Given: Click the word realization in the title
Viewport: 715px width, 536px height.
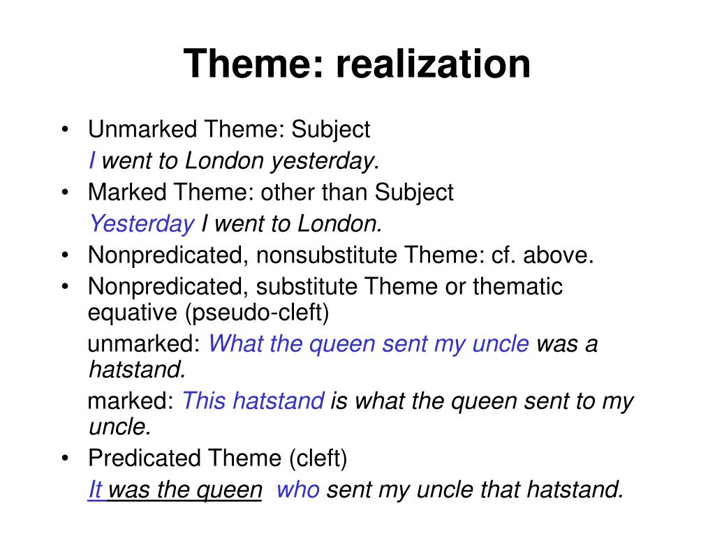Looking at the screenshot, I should coord(433,64).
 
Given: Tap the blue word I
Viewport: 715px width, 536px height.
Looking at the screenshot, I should coord(92,161).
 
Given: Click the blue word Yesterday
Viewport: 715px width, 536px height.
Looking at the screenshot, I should coord(142,224).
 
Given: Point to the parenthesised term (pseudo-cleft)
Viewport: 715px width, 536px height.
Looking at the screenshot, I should coord(257,313).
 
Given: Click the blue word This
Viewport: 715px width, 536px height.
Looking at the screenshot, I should coord(204,401).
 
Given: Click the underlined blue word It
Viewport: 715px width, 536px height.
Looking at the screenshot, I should coord(96,490).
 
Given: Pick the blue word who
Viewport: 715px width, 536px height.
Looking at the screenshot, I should coord(298,490).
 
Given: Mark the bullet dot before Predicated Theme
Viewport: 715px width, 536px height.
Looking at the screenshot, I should coord(65,459).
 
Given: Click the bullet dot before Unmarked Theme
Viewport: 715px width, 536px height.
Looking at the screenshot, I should coord(65,130).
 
